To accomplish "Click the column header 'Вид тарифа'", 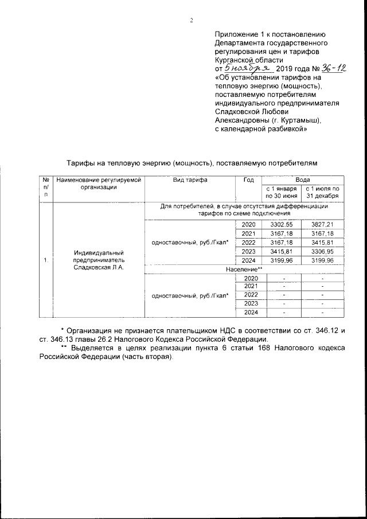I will (x=190, y=180).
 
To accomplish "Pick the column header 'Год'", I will (x=248, y=180).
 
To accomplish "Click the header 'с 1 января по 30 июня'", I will (x=281, y=192).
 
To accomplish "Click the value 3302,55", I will (x=281, y=224).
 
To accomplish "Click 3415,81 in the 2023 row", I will (x=281, y=251).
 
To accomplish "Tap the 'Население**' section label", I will (x=243, y=269).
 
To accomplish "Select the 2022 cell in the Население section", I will (x=249, y=294).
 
